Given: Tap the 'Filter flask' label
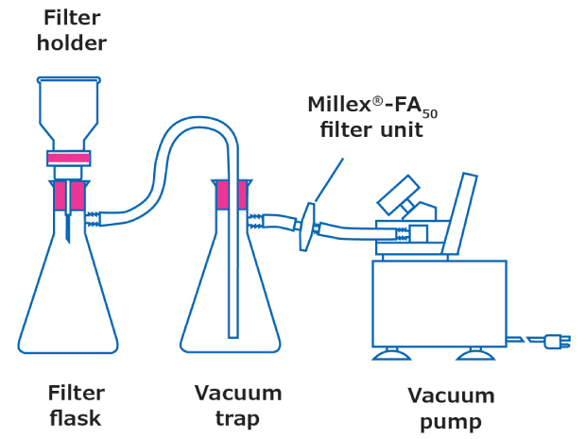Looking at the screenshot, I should pyautogui.click(x=75, y=404).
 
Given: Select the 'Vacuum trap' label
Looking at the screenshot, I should pyautogui.click(x=238, y=404).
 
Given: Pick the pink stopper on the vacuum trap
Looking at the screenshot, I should pyautogui.click(x=232, y=194).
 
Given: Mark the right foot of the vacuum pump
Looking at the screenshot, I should pyautogui.click(x=476, y=355).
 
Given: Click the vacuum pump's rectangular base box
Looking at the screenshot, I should pyautogui.click(x=439, y=303).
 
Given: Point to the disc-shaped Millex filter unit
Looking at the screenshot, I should pyautogui.click(x=306, y=227).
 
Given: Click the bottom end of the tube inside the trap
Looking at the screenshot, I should pyautogui.click(x=232, y=332).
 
